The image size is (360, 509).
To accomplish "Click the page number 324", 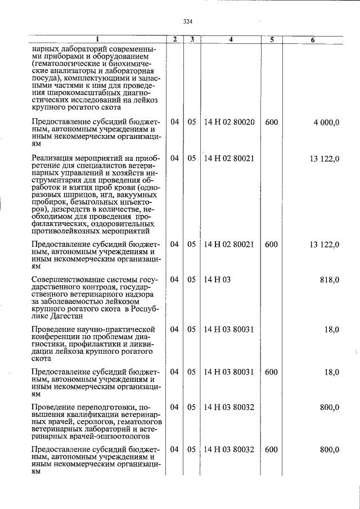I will point(188,21).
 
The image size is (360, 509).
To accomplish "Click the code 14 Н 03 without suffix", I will point(218,280).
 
